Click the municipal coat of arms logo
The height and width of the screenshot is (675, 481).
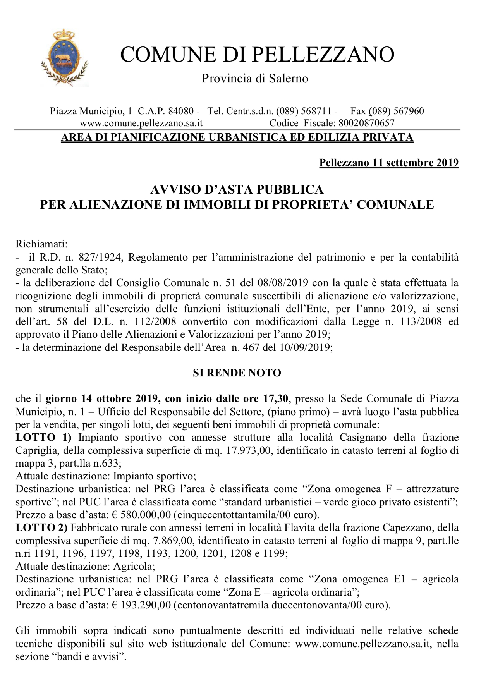click(64, 57)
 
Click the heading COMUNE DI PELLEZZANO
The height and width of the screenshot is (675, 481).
click(257, 55)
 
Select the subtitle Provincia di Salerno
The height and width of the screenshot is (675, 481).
click(255, 79)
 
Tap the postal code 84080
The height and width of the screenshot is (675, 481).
click(180, 111)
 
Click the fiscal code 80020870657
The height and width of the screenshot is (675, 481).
click(366, 123)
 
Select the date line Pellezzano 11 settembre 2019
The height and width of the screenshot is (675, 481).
click(389, 163)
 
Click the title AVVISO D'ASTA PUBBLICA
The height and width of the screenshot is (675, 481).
click(237, 189)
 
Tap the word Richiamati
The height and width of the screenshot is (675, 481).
click(41, 244)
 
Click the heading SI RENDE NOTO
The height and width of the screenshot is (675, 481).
click(237, 373)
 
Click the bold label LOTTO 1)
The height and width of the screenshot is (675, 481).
click(43, 438)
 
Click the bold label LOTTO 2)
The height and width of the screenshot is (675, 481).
click(41, 528)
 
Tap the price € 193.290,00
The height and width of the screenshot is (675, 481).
click(142, 605)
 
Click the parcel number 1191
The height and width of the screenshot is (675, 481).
click(45, 553)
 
